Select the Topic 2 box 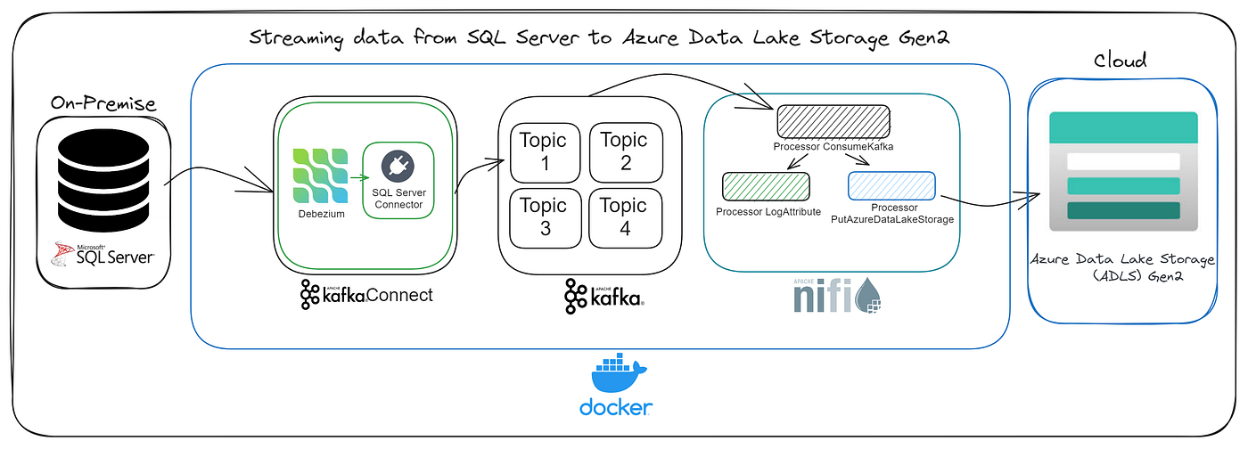[x=623, y=151]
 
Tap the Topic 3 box [x=543, y=217]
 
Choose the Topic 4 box [x=623, y=217]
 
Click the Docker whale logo [x=615, y=376]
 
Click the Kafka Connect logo [x=366, y=294]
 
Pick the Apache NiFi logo [x=835, y=295]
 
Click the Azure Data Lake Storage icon [x=1122, y=171]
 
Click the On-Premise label [x=103, y=103]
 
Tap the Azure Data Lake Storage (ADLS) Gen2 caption [x=1122, y=268]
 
